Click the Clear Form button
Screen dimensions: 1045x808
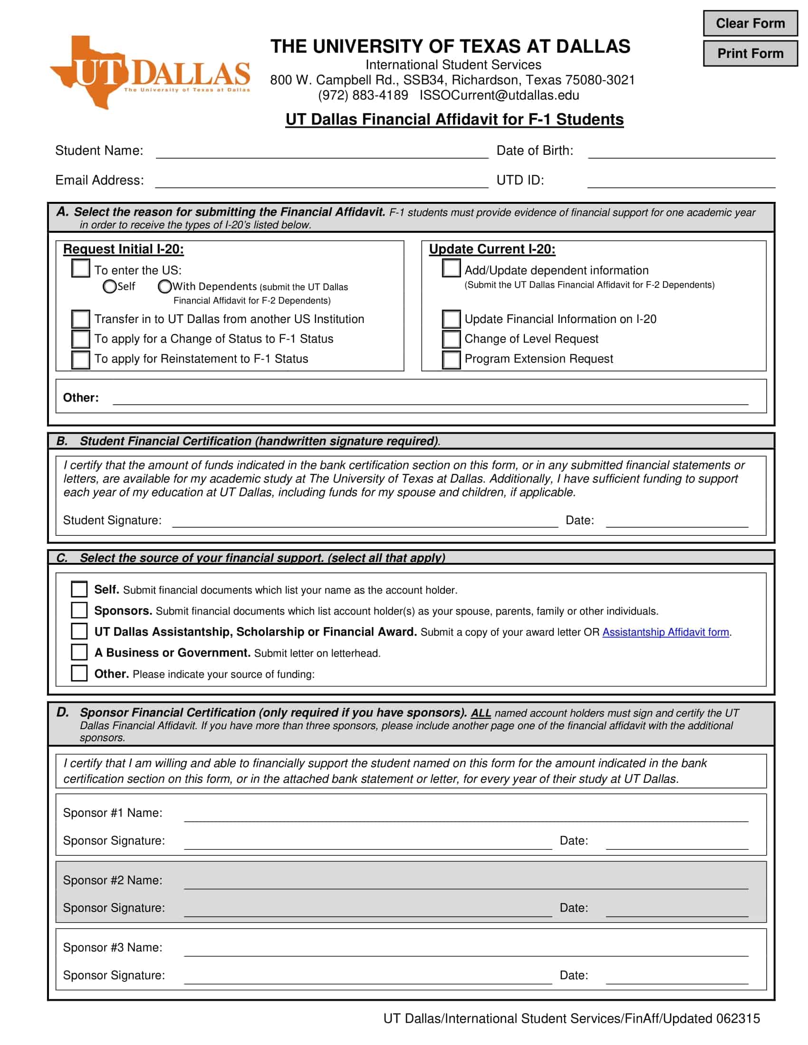750,23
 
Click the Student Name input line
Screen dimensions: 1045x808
322,152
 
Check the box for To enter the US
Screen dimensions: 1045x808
80,268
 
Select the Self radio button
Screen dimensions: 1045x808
110,286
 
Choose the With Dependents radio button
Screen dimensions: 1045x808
164,286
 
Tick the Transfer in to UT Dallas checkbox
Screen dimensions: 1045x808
80,319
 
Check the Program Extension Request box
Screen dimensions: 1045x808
451,360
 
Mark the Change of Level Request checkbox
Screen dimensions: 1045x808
451,339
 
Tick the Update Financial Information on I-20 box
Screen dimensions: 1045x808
451,319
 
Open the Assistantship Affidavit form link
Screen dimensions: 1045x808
665,632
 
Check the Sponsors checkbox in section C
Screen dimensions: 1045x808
79,610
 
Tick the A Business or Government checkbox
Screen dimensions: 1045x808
79,652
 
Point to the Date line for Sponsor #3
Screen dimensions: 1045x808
676,977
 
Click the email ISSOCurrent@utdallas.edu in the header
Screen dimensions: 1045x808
499,95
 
